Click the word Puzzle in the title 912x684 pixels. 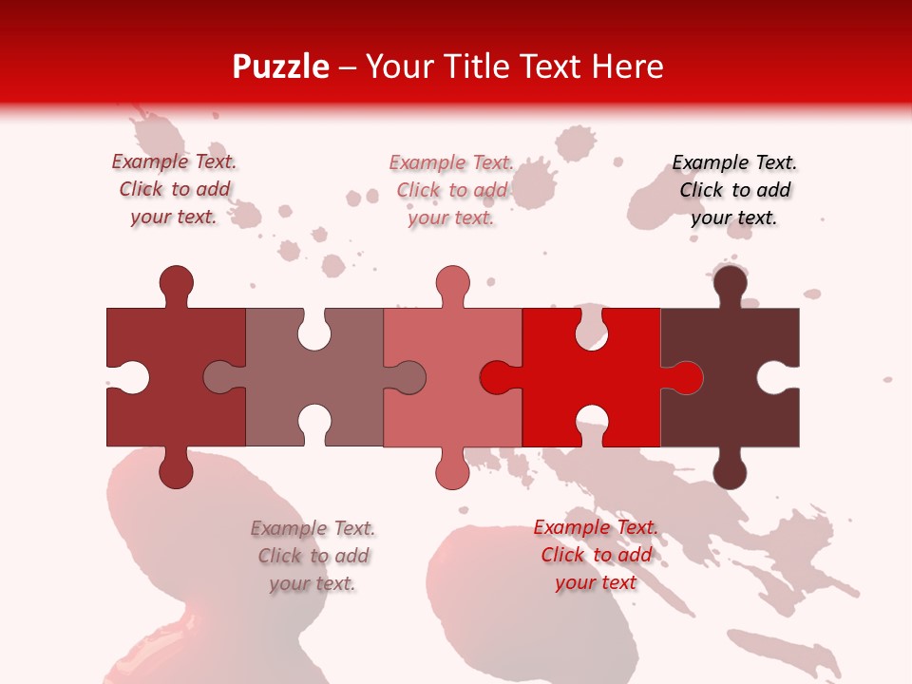point(281,66)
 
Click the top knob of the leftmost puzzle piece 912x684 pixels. point(176,283)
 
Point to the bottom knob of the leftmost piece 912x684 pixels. point(176,469)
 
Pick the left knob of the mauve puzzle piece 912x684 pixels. point(220,377)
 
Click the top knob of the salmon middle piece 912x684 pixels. point(453,283)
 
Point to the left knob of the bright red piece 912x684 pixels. point(498,377)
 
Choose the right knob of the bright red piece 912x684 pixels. point(685,377)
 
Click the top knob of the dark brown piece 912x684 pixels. point(730,283)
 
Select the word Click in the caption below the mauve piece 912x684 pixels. point(280,556)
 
